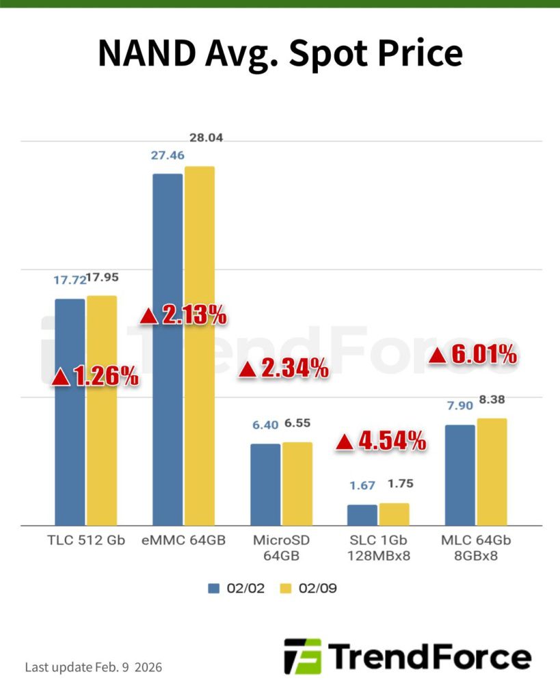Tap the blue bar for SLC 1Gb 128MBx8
362,515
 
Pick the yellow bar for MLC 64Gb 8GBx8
492,472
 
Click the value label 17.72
69,280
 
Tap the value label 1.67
362,485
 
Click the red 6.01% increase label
472,354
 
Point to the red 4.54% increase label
381,441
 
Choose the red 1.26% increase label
96,375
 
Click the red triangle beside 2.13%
149,316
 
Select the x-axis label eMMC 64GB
183,541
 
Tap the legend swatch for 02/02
214,588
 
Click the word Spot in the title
331,53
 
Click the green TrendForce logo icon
302,656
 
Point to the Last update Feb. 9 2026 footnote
94,667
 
